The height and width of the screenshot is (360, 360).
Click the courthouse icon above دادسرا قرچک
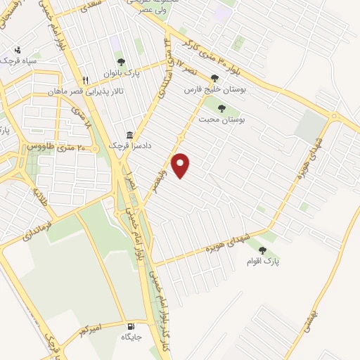[129, 134]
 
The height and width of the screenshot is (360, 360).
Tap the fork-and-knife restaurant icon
[85, 80]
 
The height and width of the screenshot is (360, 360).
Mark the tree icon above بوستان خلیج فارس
[214, 79]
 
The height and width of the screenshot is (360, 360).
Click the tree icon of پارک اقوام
[263, 250]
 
